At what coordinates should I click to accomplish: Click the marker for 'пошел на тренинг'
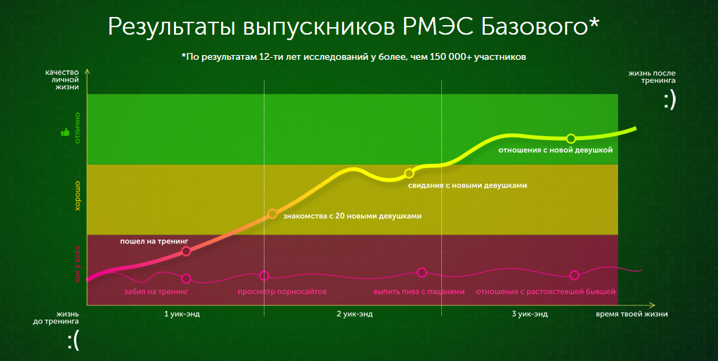tap(187, 251)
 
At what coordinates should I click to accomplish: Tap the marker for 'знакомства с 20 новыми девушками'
tap(272, 214)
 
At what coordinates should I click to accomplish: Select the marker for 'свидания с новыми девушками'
tap(409, 173)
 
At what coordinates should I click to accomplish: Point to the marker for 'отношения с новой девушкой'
tap(571, 139)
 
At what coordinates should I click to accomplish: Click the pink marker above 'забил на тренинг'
tap(186, 278)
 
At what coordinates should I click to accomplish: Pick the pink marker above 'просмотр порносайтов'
tap(264, 275)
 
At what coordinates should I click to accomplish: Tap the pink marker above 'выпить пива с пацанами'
tap(422, 273)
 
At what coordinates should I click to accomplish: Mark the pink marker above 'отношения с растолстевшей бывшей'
tap(575, 275)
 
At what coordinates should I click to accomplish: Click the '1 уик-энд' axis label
tap(182, 314)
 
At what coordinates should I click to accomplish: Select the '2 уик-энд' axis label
tap(354, 314)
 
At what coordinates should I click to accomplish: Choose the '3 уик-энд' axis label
tap(530, 314)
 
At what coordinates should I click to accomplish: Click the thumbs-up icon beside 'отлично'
tap(66, 132)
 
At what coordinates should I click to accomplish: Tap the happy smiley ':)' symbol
tap(670, 101)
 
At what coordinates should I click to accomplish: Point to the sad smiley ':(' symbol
tap(73, 341)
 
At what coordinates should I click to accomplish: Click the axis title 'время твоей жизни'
tap(632, 314)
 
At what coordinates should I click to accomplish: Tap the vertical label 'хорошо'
tap(78, 195)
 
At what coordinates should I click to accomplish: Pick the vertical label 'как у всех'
tap(78, 264)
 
